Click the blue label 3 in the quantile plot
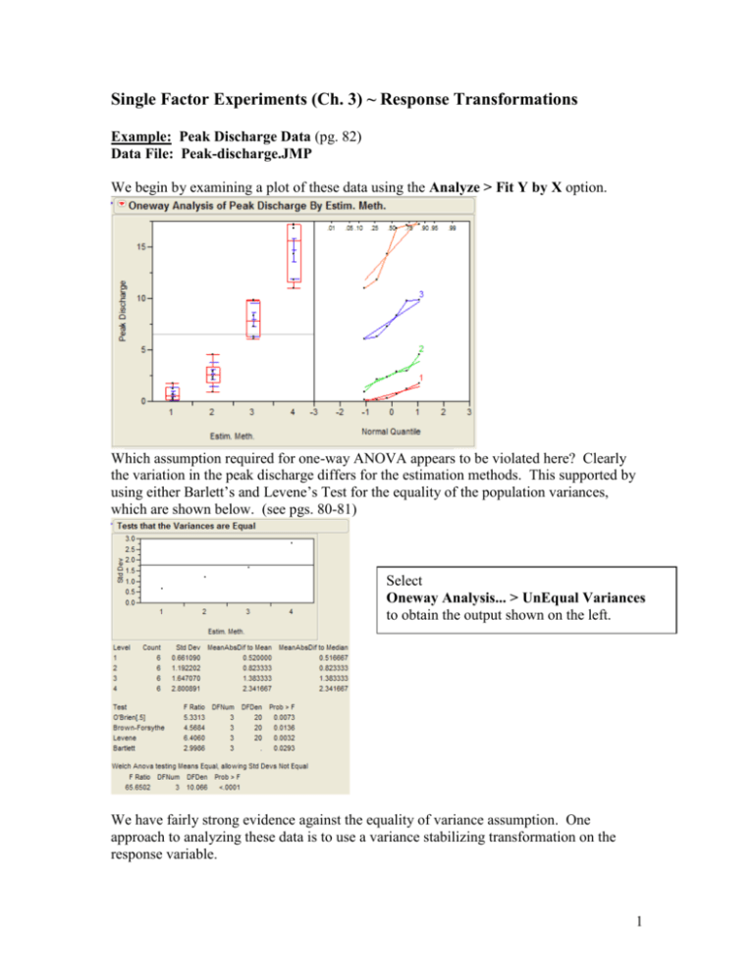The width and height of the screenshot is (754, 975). (421, 294)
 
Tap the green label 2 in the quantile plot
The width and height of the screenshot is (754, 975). (421, 349)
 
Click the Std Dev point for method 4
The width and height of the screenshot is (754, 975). (292, 542)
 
